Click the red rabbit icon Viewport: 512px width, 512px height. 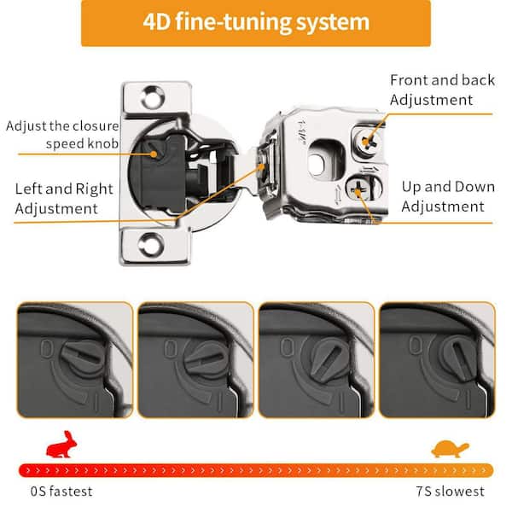(x=61, y=445)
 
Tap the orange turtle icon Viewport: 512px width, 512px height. (x=450, y=449)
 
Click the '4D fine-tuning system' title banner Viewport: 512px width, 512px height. (x=256, y=23)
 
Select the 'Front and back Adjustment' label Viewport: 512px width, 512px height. (x=442, y=90)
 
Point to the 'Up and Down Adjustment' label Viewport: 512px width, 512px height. (x=448, y=196)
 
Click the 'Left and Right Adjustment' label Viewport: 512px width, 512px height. (x=64, y=199)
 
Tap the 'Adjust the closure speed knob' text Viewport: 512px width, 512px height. (x=62, y=135)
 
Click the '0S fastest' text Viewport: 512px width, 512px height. (x=61, y=492)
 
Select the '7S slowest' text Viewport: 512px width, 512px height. (x=450, y=492)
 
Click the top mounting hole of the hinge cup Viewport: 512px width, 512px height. (x=153, y=97)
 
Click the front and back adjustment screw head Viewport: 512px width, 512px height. (x=369, y=142)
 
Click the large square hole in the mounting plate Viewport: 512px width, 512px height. (x=326, y=160)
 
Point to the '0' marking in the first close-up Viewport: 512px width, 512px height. (x=46, y=348)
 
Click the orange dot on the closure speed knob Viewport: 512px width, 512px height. (x=154, y=154)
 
